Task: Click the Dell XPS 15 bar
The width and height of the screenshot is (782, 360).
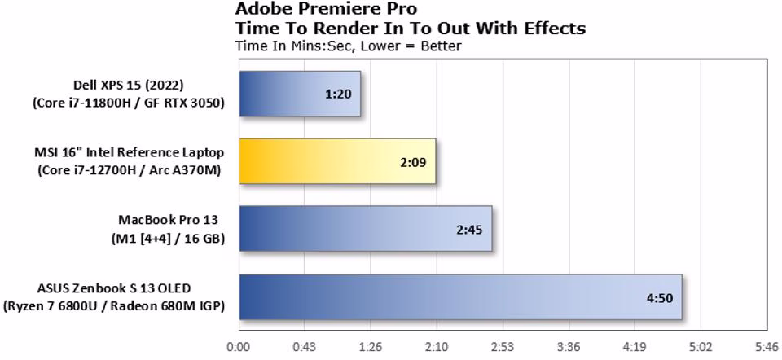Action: click(299, 93)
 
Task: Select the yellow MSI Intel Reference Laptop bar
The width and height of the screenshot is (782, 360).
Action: click(337, 160)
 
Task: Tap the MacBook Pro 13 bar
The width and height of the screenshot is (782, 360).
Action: click(365, 229)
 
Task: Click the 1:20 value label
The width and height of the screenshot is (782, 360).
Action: click(337, 94)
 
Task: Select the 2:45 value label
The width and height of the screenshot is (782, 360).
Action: click(469, 230)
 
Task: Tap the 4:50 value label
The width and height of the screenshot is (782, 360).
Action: click(659, 297)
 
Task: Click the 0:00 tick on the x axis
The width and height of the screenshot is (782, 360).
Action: click(239, 347)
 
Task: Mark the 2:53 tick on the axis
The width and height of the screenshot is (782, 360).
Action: click(503, 347)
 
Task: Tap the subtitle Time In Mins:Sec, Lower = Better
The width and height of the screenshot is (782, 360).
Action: click(348, 46)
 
